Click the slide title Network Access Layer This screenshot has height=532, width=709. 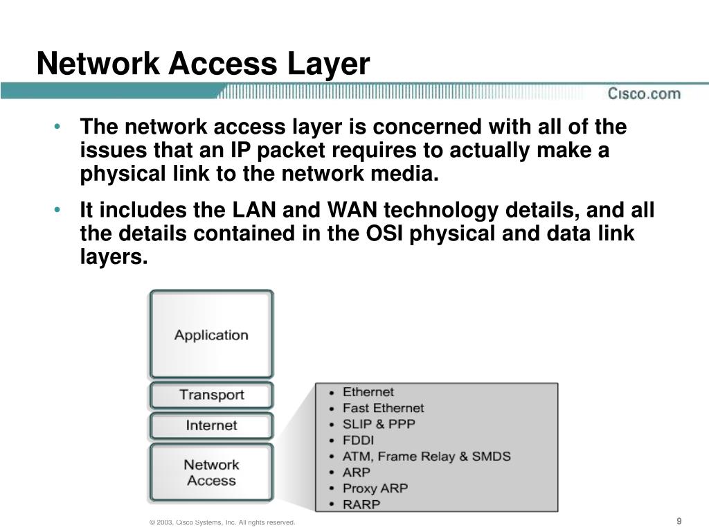coord(203,64)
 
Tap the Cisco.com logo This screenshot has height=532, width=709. coord(644,94)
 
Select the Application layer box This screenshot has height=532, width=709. coord(211,335)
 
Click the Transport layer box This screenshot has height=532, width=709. coord(211,395)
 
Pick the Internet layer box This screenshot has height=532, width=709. coord(211,425)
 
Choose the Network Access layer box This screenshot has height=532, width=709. coord(211,472)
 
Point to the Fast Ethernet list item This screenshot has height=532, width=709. coord(383,408)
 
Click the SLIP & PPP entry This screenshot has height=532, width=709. coord(379,424)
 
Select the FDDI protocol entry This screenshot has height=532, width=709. coord(358,440)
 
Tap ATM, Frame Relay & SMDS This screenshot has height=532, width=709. coord(427,456)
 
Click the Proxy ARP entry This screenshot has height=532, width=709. coord(375,488)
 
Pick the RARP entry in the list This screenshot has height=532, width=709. coord(361,504)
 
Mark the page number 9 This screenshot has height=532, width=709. coord(679,521)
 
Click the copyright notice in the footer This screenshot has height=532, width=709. coord(222,522)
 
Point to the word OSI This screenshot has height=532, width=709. coord(384,234)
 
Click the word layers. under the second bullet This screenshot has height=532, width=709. coord(114,258)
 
